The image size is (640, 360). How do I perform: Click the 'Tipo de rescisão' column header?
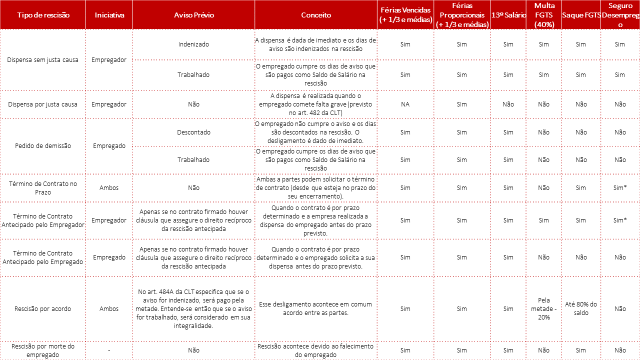click(43, 15)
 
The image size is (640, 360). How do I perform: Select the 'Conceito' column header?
click(316, 15)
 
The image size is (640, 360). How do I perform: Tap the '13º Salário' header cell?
click(508, 15)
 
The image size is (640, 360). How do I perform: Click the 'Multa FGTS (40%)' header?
click(544, 15)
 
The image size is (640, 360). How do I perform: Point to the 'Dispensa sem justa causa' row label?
click(43, 60)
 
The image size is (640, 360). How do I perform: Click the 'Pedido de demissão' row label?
click(43, 146)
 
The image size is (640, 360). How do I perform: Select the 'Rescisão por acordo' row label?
click(43, 308)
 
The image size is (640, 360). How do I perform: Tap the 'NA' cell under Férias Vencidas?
click(405, 104)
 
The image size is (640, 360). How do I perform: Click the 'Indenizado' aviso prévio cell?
click(193, 44)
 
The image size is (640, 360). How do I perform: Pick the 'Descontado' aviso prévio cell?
click(193, 132)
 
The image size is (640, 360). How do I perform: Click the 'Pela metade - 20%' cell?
click(544, 308)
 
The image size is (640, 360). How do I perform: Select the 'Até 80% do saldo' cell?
click(580, 308)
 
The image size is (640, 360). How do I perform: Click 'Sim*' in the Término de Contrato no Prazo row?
click(620, 188)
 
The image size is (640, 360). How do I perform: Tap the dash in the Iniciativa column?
click(109, 350)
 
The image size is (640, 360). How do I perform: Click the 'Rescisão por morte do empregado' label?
click(43, 350)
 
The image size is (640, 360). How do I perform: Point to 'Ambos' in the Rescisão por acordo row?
click(109, 308)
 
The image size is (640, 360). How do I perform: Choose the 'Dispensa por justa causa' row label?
click(43, 104)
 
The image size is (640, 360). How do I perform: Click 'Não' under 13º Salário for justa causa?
click(508, 104)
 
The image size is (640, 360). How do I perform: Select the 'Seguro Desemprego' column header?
click(620, 15)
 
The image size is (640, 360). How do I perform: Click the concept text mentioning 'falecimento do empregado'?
click(316, 350)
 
